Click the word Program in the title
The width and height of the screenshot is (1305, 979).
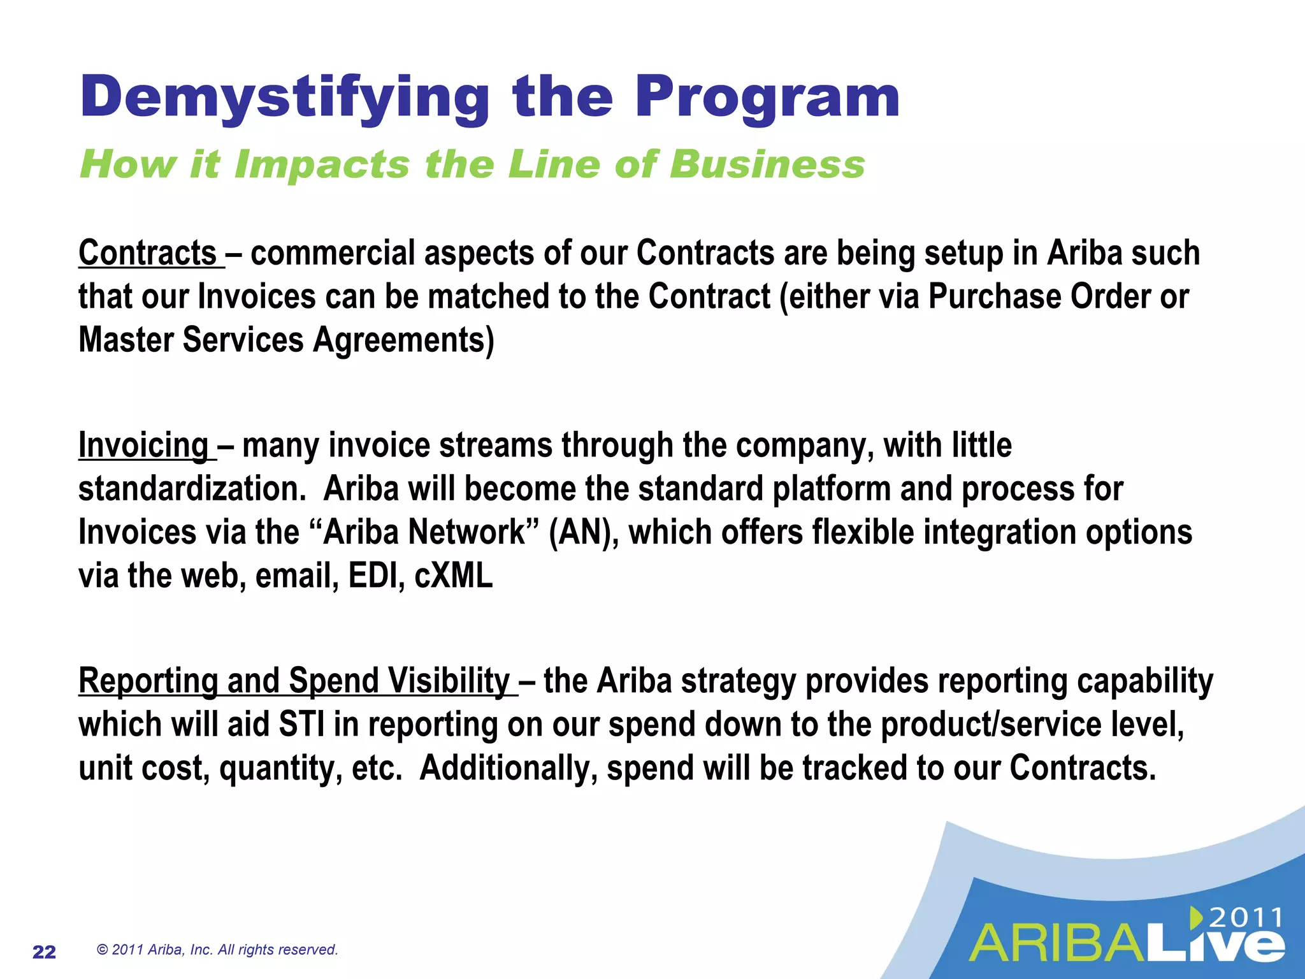(767, 98)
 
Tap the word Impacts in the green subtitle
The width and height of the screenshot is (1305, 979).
(322, 164)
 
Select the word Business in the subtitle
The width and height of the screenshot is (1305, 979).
(767, 164)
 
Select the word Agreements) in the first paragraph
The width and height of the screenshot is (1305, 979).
(403, 340)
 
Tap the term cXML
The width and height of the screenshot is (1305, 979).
(454, 576)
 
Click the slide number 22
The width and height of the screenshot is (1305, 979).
(44, 952)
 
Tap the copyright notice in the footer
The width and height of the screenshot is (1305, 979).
(217, 950)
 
